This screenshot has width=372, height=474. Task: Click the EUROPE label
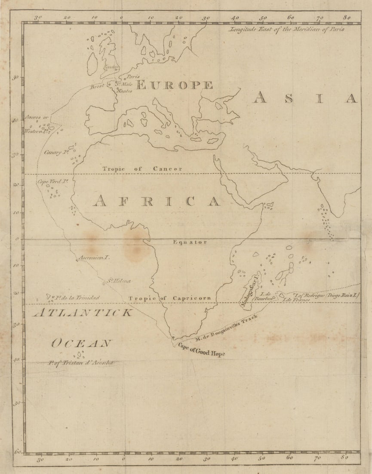click(x=174, y=85)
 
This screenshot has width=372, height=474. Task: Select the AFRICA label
click(x=157, y=201)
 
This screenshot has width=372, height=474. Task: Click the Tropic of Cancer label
click(x=142, y=168)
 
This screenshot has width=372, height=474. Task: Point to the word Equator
click(x=190, y=242)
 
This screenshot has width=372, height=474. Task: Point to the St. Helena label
click(x=119, y=281)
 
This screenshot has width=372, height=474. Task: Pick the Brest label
click(x=97, y=87)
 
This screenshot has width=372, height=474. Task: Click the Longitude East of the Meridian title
click(x=287, y=30)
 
